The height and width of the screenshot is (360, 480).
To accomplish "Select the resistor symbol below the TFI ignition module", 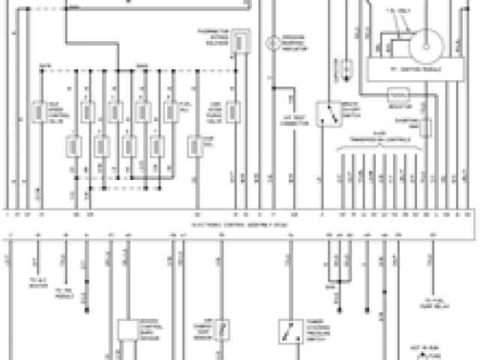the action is (x=398, y=96).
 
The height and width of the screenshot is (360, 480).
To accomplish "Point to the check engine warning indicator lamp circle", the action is (x=276, y=41).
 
